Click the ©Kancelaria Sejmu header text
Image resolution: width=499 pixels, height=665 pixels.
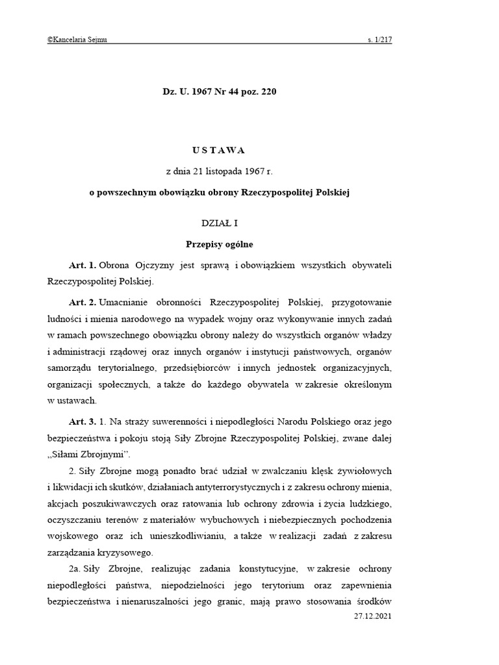pos(77,40)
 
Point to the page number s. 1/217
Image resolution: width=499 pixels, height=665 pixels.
pos(379,40)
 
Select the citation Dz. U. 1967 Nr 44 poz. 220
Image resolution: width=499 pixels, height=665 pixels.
pos(219,92)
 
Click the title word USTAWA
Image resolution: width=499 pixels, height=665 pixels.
pos(219,150)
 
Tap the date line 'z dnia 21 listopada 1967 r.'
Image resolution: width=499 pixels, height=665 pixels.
pos(219,171)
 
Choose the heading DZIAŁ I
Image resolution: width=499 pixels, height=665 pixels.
pos(219,223)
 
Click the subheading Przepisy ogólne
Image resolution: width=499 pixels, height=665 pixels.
pos(219,245)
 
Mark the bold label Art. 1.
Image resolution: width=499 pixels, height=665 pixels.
pos(82,266)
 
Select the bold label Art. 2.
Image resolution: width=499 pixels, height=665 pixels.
pos(82,303)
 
